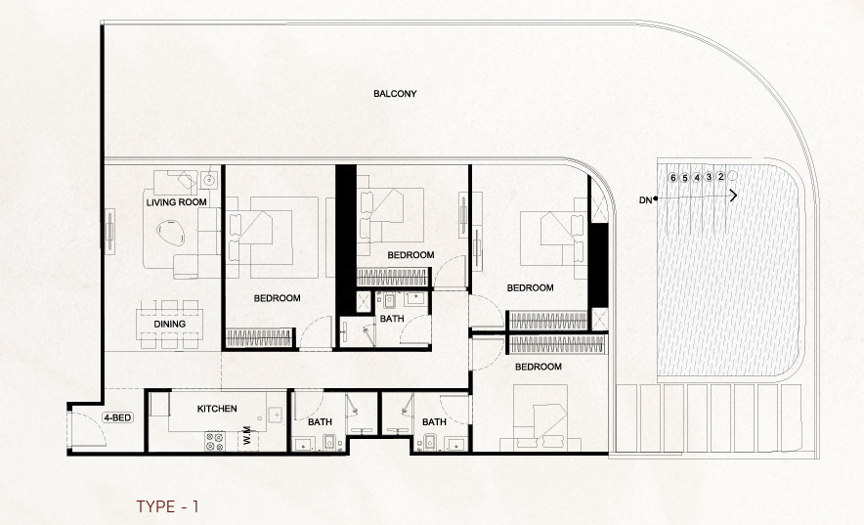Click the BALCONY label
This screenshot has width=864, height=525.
(395, 94)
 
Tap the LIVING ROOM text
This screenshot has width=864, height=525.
(177, 202)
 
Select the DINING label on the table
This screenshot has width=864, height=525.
(170, 324)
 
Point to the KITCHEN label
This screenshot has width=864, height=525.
(217, 409)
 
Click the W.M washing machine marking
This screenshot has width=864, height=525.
(247, 435)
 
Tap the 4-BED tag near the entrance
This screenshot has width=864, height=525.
(116, 418)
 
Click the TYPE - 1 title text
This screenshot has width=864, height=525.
(167, 506)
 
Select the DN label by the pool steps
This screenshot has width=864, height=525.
(644, 199)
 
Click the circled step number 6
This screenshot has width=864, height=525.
(673, 178)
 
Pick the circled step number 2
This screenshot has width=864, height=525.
(720, 177)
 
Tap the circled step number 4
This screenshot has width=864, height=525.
(697, 178)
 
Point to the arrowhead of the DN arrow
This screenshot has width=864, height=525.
(733, 196)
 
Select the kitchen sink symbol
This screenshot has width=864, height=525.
(277, 416)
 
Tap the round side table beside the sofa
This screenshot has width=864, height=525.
(209, 180)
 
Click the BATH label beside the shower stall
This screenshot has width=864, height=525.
(392, 319)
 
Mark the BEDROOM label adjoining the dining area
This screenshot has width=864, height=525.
(277, 298)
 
